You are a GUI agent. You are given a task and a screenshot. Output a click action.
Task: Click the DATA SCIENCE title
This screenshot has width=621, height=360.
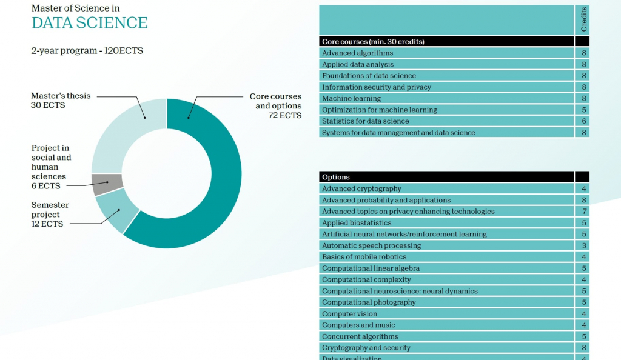click(x=89, y=23)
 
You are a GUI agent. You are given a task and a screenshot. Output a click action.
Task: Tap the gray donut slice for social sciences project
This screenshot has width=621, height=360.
click(x=107, y=184)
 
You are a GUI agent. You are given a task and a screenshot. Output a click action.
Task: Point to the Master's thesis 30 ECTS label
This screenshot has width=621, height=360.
click(x=61, y=101)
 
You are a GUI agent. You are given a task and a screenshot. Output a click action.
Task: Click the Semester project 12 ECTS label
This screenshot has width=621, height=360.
click(x=50, y=215)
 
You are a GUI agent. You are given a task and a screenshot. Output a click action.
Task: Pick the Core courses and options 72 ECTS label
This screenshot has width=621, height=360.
click(x=275, y=105)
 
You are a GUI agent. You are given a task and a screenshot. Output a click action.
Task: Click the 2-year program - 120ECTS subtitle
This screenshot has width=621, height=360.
click(x=87, y=51)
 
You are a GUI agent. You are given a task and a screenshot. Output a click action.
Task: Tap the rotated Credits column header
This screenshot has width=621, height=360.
click(x=583, y=21)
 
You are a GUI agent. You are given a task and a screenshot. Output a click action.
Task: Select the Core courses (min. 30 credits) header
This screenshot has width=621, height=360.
click(x=373, y=42)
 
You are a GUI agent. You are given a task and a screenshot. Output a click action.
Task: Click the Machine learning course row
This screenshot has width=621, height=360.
click(x=352, y=98)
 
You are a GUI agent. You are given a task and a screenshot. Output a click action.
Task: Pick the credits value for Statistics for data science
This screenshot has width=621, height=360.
click(x=583, y=121)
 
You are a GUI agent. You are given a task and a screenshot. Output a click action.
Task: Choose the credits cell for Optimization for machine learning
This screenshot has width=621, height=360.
click(x=583, y=110)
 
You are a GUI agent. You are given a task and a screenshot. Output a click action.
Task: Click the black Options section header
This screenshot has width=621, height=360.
click(x=446, y=177)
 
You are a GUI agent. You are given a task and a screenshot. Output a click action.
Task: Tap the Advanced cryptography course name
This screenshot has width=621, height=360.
click(x=361, y=188)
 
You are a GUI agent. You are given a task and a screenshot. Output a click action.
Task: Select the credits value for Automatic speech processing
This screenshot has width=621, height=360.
click(x=583, y=245)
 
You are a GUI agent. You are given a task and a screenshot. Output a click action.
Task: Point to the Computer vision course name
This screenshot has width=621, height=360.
click(x=349, y=314)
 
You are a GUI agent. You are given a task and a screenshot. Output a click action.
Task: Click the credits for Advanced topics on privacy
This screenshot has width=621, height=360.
click(x=583, y=212)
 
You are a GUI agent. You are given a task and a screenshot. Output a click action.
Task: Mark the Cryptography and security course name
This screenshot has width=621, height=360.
click(x=366, y=348)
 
